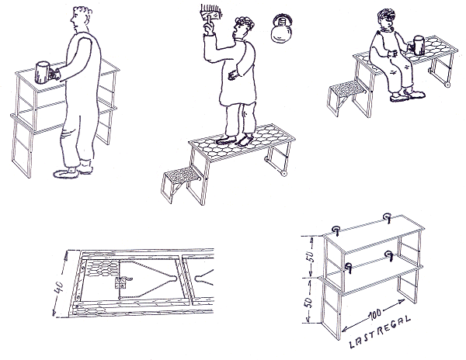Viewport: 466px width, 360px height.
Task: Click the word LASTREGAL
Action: [x=381, y=332]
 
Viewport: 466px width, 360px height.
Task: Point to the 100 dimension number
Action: [x=375, y=315]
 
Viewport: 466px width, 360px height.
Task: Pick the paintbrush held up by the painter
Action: [x=211, y=16]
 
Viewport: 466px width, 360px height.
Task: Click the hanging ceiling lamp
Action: [x=282, y=29]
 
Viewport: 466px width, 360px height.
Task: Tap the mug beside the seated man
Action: [x=419, y=46]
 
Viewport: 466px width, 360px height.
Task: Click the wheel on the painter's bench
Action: [x=284, y=174]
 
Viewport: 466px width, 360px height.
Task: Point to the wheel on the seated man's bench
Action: [x=447, y=85]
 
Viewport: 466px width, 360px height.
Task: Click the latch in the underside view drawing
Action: [x=123, y=282]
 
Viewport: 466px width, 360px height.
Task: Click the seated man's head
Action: [x=386, y=19]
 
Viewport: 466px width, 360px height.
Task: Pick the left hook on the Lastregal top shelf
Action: [x=336, y=230]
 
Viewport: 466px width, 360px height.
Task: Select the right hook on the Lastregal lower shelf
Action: [x=389, y=255]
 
